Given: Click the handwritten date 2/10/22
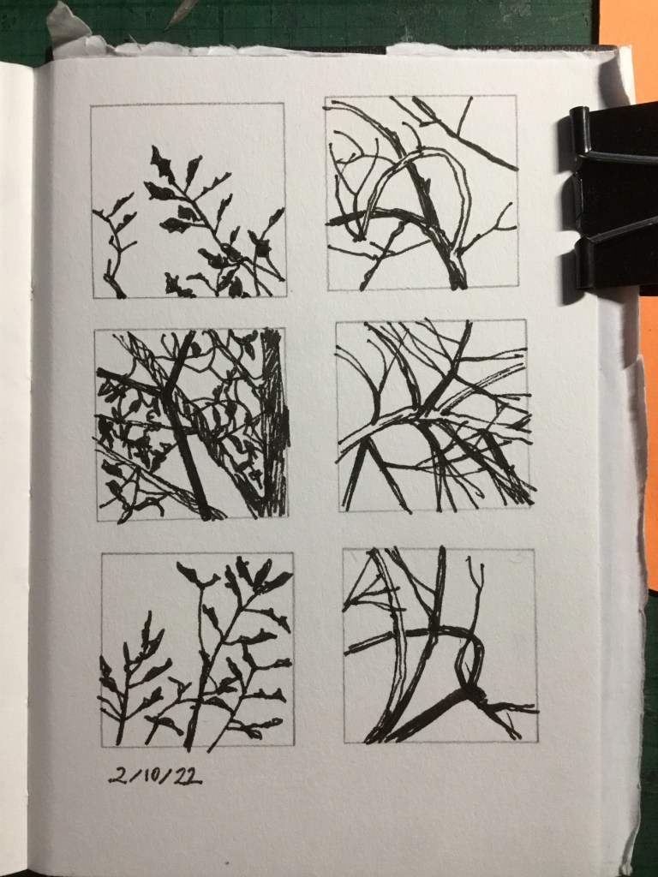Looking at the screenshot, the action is point(156,776).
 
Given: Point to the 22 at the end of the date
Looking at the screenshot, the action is point(188,777).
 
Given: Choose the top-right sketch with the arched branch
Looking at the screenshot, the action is point(422,193).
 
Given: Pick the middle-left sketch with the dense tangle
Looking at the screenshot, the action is point(191,425).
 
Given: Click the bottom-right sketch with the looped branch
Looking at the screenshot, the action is point(440,646).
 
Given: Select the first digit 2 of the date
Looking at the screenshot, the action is point(119,775).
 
